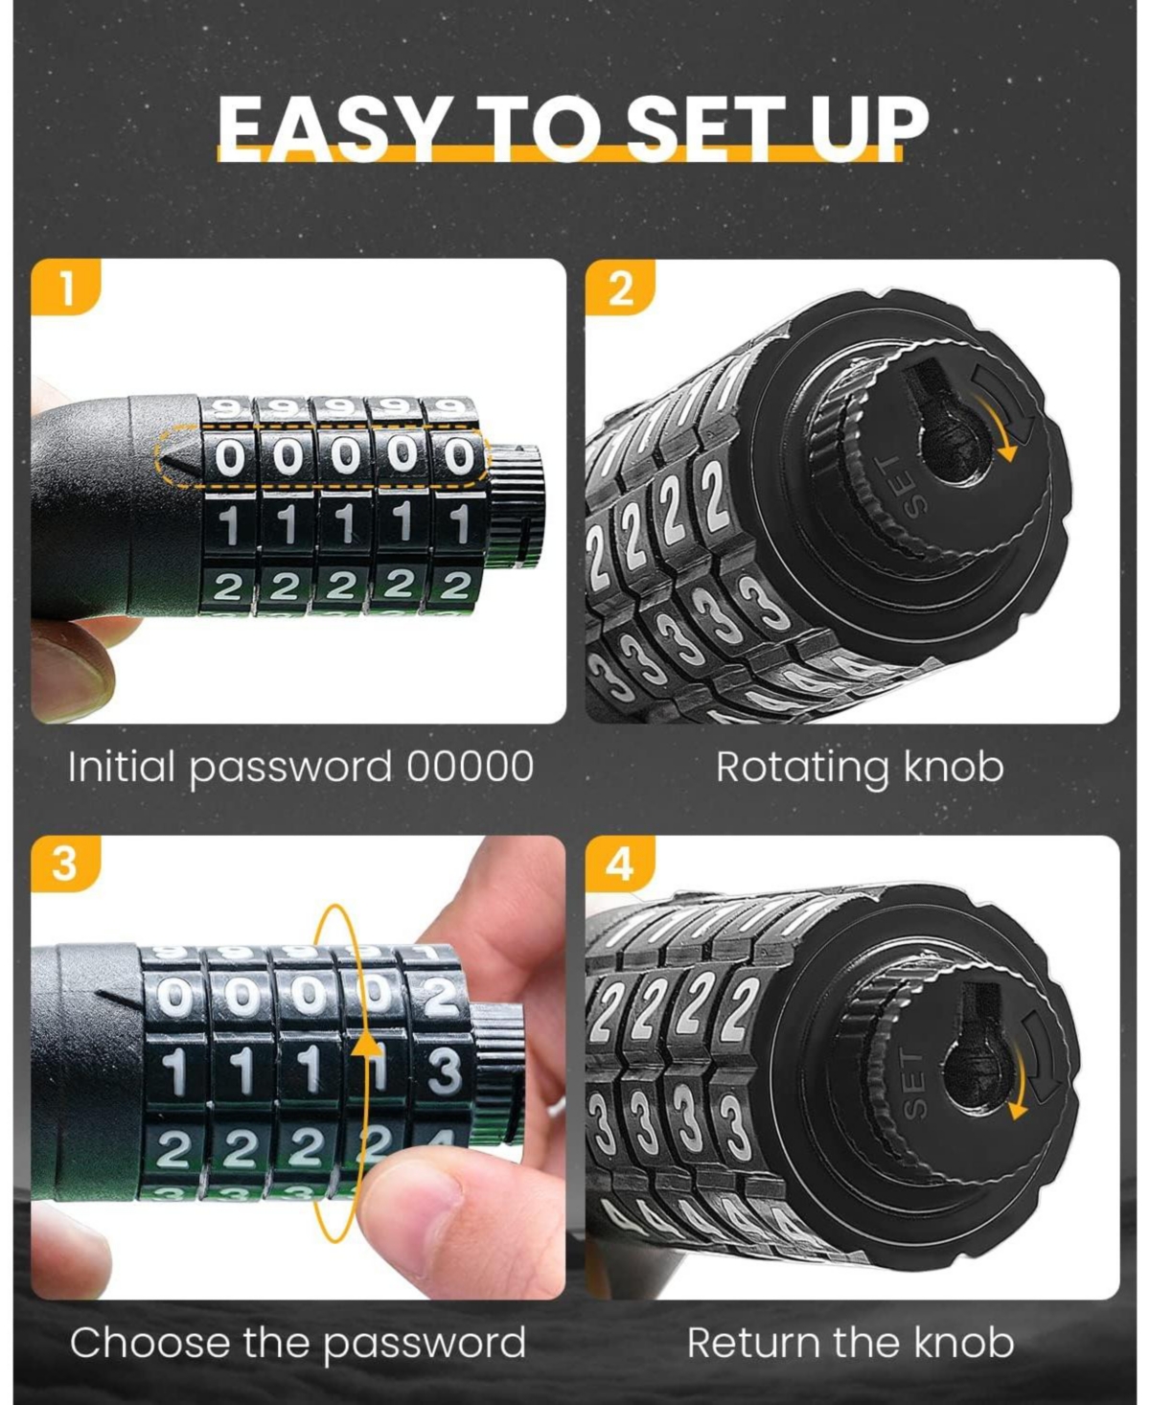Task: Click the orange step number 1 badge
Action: [x=65, y=288]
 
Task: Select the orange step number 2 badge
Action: [x=620, y=288]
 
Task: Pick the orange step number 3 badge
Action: [x=63, y=863]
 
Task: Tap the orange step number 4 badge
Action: [x=620, y=864]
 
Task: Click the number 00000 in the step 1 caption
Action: [x=470, y=767]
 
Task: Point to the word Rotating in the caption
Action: [x=803, y=769]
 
